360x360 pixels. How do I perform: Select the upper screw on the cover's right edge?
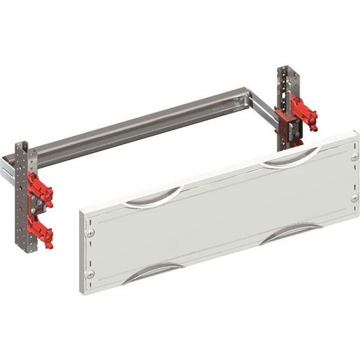(x=354, y=157)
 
